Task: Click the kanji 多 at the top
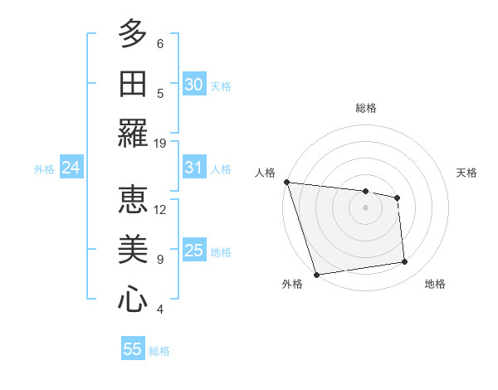coord(133,34)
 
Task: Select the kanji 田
coord(133,84)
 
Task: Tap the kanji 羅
coord(133,134)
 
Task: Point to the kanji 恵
coord(133,200)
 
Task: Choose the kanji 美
coord(133,250)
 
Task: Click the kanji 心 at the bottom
coord(133,300)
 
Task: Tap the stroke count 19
coord(160,143)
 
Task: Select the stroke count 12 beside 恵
coord(160,209)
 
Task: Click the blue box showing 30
coord(194,85)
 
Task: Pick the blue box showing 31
coord(194,168)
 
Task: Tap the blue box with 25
coord(194,251)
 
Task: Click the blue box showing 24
coord(71,168)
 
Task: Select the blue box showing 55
coord(133,349)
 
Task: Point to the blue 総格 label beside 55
coord(159,351)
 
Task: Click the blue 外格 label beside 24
coord(44,169)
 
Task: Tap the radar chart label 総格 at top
coord(365,108)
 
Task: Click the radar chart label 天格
coord(466,173)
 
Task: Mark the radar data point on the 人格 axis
coord(286,182)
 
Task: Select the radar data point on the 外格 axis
coord(316,275)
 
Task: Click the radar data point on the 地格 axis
coord(405,262)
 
